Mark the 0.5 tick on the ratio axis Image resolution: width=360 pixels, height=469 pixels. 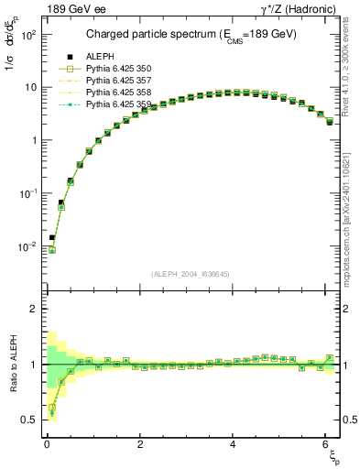click(x=28, y=420)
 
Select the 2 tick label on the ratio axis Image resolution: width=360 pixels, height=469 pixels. click(x=32, y=309)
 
